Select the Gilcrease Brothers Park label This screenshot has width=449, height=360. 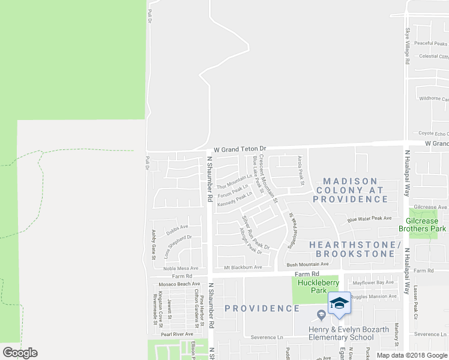[423, 225]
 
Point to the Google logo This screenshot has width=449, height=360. [20, 353]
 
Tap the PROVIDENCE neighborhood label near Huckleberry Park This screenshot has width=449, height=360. [262, 308]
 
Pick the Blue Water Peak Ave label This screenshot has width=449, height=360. [369, 218]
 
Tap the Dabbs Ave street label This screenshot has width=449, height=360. [177, 227]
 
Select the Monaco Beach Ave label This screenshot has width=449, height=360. [179, 284]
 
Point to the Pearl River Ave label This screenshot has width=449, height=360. [176, 334]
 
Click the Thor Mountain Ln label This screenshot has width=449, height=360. [235, 179]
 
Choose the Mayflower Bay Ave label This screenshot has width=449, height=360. [373, 282]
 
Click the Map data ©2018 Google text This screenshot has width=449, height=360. [411, 355]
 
